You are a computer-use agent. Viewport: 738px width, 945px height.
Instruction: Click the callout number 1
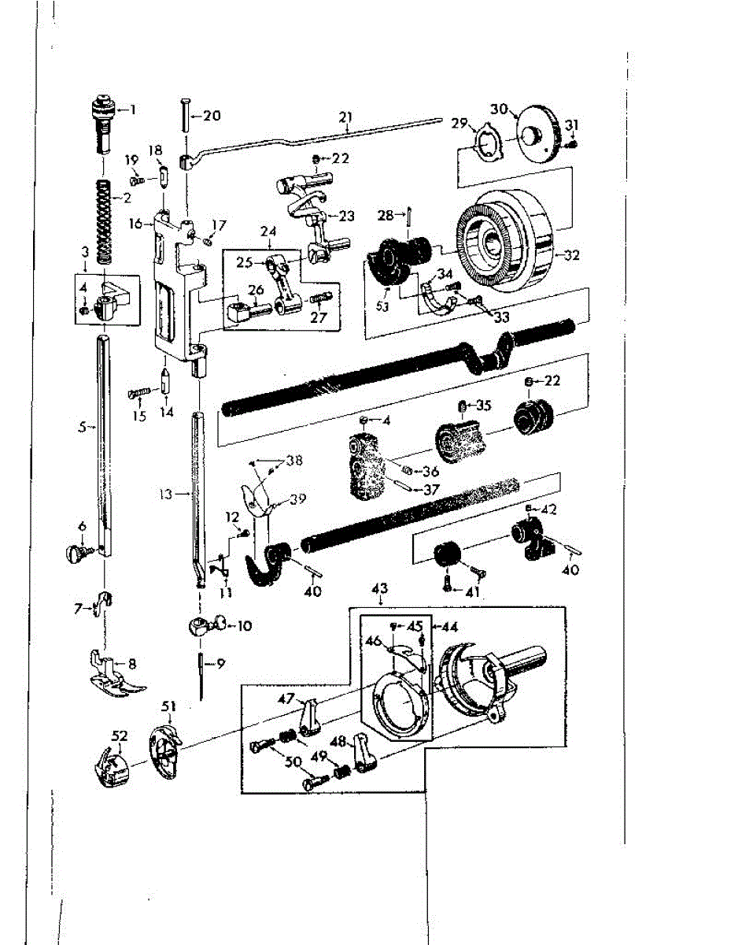click(x=132, y=109)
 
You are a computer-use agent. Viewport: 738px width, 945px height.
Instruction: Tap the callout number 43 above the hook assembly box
click(x=380, y=589)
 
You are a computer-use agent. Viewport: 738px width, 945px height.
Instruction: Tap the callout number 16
click(x=138, y=224)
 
